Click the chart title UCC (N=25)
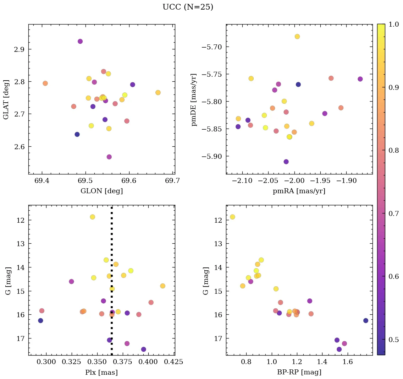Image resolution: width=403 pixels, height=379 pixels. pos(188,7)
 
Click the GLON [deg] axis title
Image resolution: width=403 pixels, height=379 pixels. pos(101,191)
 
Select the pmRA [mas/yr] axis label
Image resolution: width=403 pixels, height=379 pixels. pos(299,191)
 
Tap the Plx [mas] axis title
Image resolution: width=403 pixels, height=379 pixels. pos(101,372)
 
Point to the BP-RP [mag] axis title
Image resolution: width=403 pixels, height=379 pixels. pos(299,372)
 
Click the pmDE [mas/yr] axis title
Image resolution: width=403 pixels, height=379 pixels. pos(194,99)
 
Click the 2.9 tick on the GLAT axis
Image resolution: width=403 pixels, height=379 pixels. pos(19,49)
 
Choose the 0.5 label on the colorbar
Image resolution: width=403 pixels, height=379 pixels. pos(394,340)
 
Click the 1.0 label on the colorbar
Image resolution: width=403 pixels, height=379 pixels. pos(394,24)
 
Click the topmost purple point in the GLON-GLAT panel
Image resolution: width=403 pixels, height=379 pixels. pos(80,42)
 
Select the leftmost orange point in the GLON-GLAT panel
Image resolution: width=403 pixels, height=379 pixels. pos(45,83)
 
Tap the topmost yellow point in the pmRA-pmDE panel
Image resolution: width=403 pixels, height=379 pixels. pos(297,37)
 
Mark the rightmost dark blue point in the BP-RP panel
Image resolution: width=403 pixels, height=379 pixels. pos(366,320)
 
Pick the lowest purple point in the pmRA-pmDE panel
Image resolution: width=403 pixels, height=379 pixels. pos(286,162)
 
